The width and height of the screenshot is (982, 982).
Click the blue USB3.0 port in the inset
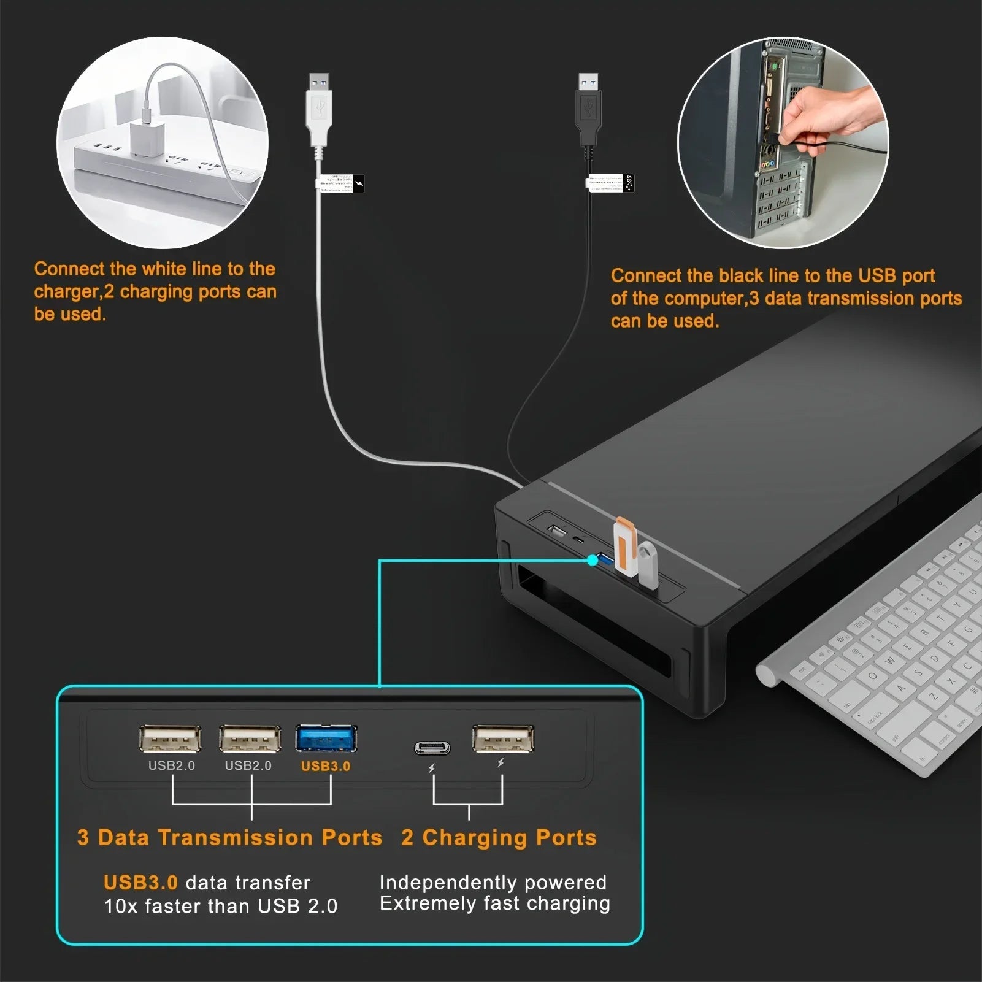[326, 738]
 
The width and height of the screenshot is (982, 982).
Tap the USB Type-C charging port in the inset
[432, 748]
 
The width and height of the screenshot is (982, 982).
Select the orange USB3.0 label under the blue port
[325, 766]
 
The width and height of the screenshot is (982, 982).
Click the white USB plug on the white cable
[318, 110]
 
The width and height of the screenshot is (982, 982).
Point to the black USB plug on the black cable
[588, 110]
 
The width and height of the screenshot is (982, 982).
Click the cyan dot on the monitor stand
[592, 559]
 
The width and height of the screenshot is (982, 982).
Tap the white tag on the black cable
[611, 183]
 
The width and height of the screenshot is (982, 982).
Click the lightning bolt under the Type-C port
[431, 769]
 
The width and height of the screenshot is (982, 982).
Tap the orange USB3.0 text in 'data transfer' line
[140, 883]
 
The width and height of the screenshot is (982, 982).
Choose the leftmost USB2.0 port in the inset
[170, 738]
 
